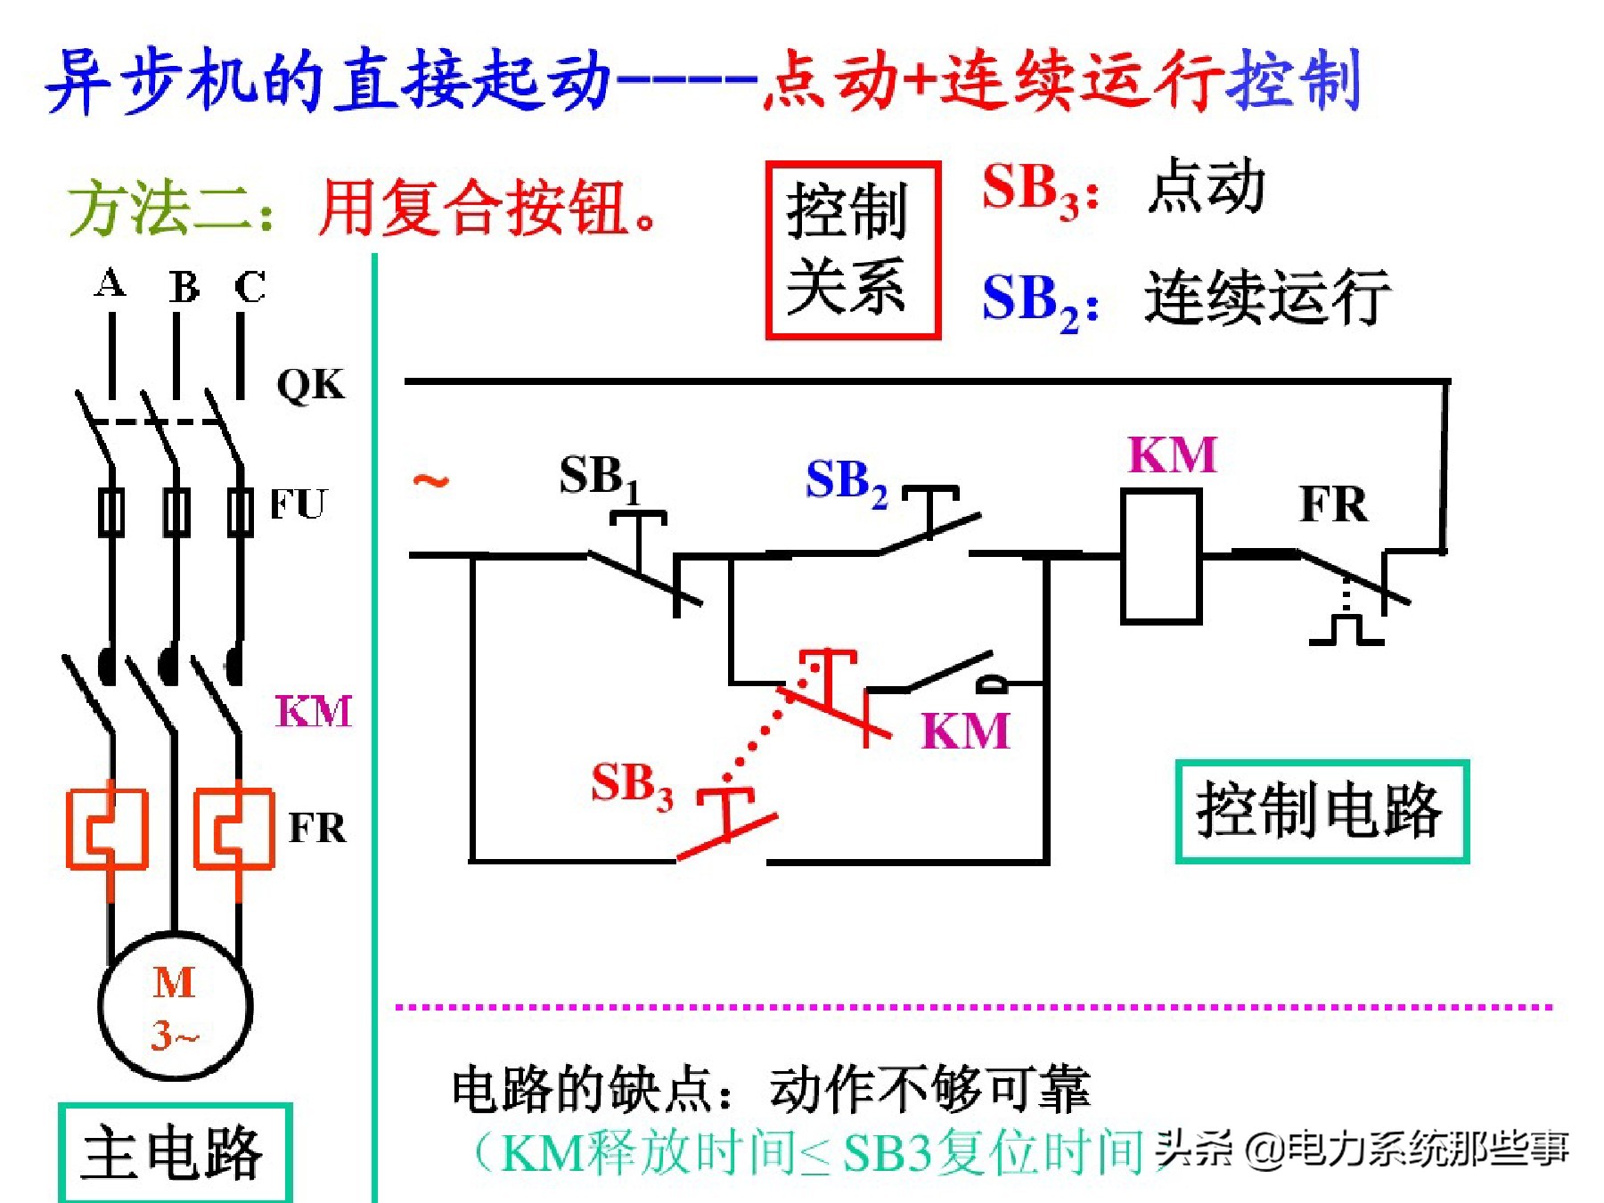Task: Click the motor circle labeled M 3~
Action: (175, 1007)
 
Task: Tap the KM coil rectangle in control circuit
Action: (1161, 556)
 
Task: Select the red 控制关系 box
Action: (853, 250)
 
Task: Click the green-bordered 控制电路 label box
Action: (1321, 811)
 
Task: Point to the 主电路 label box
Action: (175, 1152)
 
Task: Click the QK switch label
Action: (310, 385)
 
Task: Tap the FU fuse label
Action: (299, 504)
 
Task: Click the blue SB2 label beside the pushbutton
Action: (846, 482)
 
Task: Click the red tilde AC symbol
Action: (430, 481)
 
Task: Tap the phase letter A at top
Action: (110, 283)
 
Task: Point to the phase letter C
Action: (250, 287)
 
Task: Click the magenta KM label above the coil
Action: (1172, 455)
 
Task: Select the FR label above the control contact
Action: (1332, 505)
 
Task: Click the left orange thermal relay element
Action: (108, 829)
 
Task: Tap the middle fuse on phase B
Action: (176, 511)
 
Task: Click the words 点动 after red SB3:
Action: (1206, 186)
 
